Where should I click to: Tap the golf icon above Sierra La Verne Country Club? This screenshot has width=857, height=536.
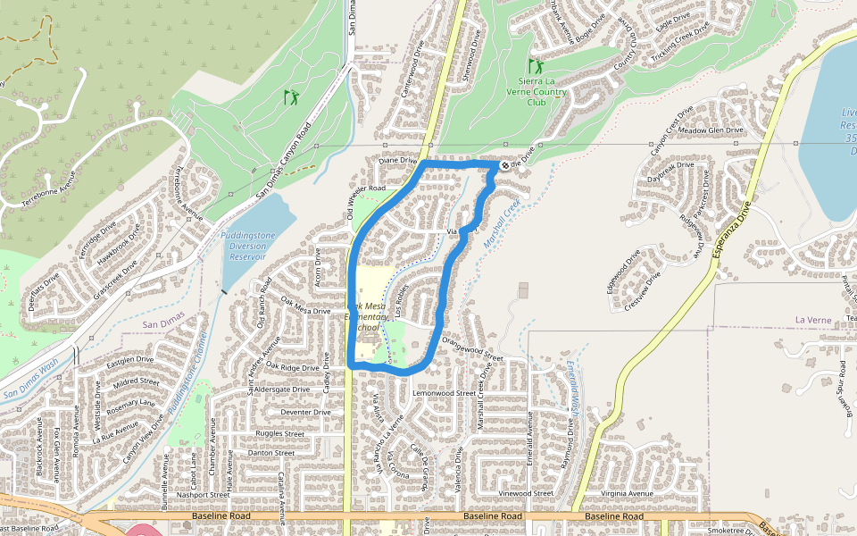pos(536,66)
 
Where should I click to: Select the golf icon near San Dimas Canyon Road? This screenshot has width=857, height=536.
pos(291,96)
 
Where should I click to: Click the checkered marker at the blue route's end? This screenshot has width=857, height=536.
pos(504,164)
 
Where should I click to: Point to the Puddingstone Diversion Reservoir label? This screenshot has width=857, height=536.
pos(244,245)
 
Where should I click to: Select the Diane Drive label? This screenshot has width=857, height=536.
pos(398,161)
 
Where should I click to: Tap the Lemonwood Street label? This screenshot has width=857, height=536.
pos(445,392)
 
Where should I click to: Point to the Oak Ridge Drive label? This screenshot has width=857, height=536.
pos(292,367)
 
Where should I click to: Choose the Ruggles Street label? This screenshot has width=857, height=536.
pos(281,434)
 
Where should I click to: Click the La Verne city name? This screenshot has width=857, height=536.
pos(812,319)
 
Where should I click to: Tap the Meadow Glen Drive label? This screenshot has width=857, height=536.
pos(711,130)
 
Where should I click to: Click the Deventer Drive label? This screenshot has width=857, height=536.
pos(306,412)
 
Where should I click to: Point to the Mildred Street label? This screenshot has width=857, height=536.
pos(135,381)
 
